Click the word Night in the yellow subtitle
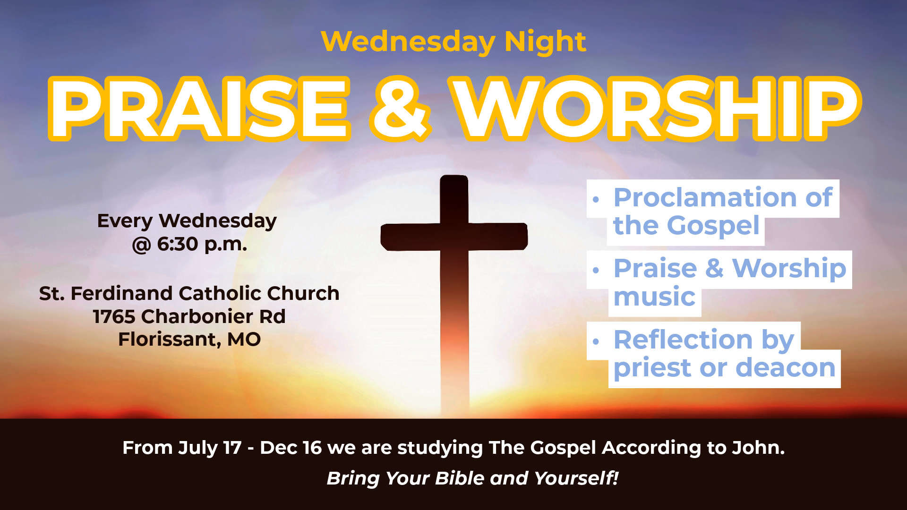(x=545, y=42)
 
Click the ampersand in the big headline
(x=401, y=109)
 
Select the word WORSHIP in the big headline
(x=656, y=109)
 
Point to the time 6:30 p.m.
(x=202, y=245)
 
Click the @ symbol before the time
(x=141, y=245)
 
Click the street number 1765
(x=114, y=316)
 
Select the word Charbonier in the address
(x=197, y=316)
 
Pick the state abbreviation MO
(x=244, y=340)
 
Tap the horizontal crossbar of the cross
(x=454, y=237)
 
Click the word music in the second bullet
(x=654, y=297)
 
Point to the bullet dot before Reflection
(x=596, y=341)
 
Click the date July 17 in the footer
(x=210, y=448)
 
